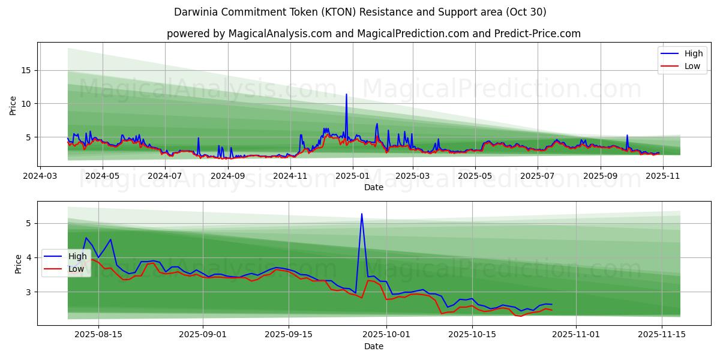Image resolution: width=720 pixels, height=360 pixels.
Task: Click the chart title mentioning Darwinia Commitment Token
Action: tap(360, 12)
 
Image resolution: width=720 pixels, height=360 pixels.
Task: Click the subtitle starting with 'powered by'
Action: tap(374, 34)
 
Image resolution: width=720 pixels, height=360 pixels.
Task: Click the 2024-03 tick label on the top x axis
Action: tap(41, 176)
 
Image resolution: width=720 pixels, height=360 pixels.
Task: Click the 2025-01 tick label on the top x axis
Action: tap(353, 176)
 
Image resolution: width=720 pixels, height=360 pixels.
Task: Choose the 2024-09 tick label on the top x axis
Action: tap(228, 176)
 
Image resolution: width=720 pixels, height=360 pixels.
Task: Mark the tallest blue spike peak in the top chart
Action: tap(346, 94)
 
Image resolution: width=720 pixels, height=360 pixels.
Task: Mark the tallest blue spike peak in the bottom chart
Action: tap(362, 214)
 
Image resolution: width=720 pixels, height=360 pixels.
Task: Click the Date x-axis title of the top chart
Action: tap(373, 187)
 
